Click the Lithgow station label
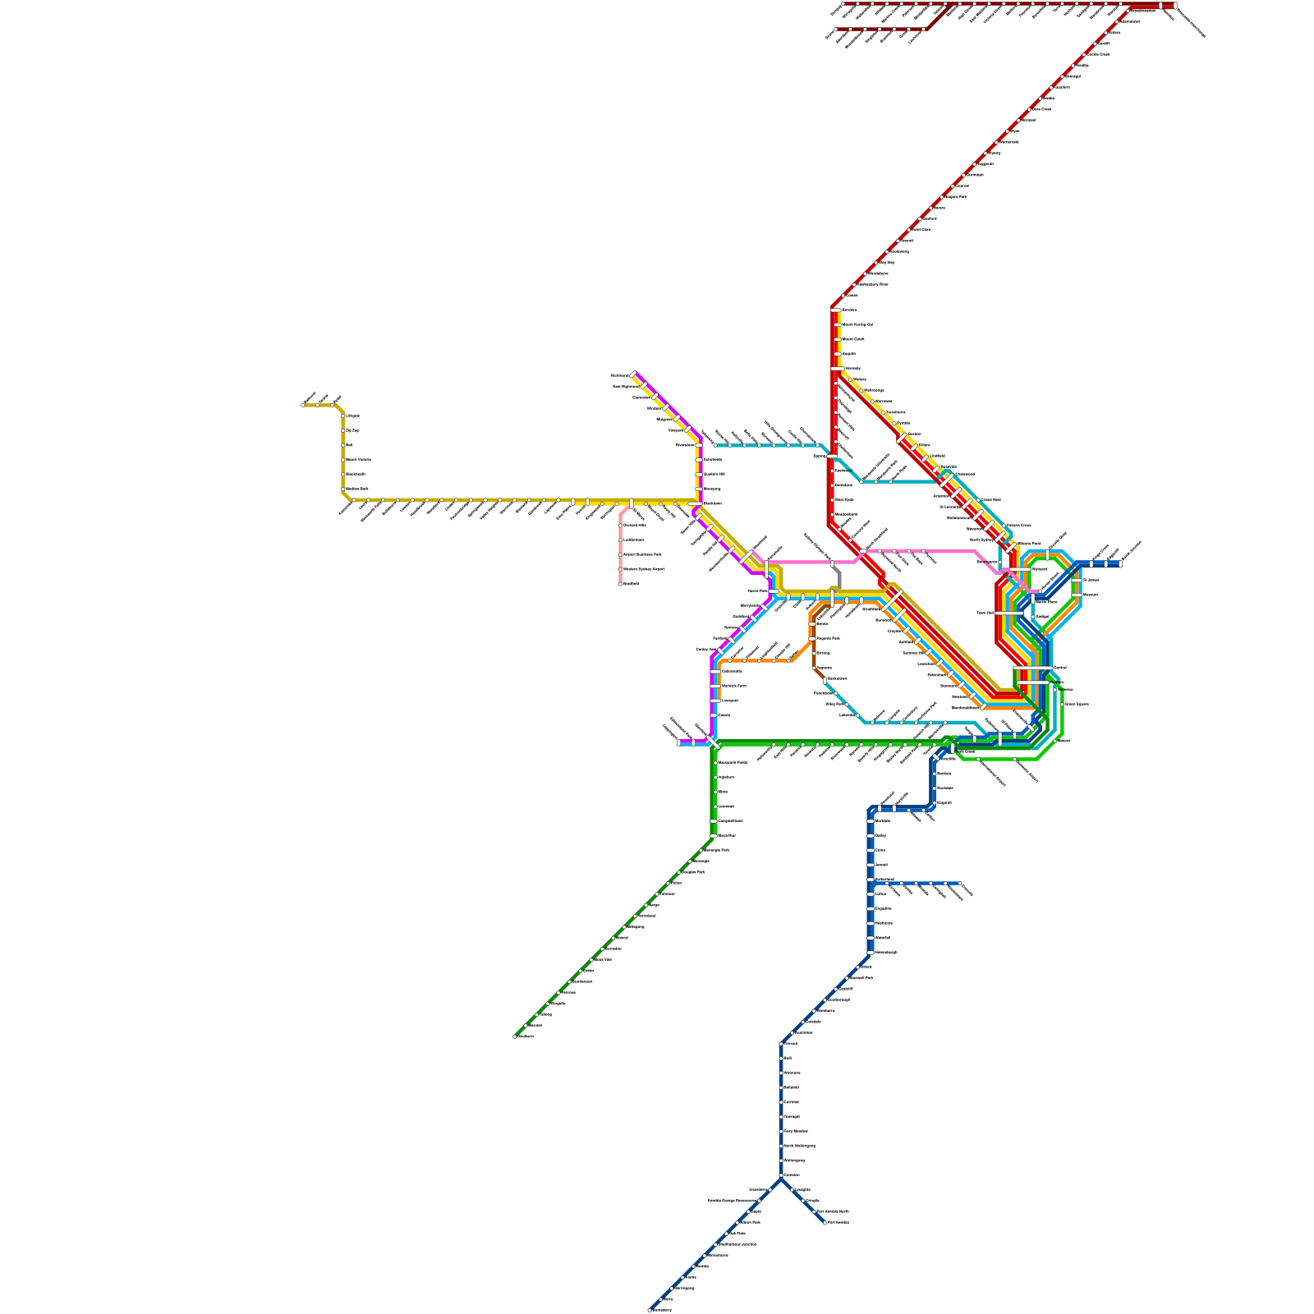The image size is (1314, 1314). click(353, 416)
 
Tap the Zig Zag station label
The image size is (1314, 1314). click(352, 430)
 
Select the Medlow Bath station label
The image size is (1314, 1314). click(356, 489)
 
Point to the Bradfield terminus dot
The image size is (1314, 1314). click(620, 584)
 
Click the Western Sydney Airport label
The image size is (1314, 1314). click(644, 569)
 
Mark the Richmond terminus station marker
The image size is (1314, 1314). click(633, 374)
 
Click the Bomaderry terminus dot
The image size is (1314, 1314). click(650, 1310)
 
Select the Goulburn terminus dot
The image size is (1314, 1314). click(515, 1036)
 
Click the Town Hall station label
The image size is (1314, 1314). click(985, 613)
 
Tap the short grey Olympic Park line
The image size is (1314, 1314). click(838, 576)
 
